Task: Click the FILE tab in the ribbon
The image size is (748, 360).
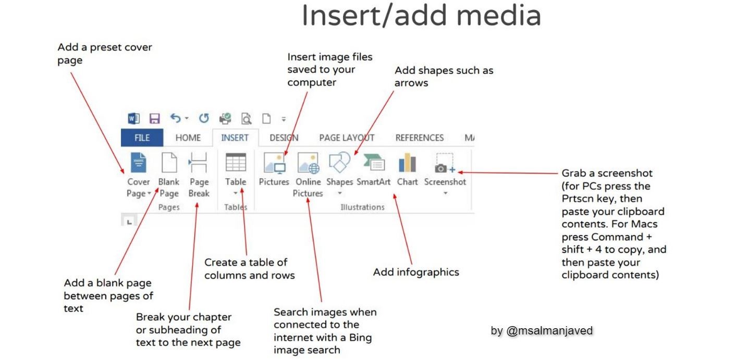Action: [142, 138]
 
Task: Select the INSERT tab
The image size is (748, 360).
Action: [235, 138]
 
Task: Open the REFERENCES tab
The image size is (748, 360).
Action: [420, 138]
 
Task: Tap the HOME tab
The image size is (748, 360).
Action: [188, 138]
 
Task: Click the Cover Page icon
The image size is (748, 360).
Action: [138, 163]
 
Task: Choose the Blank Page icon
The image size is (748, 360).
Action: [169, 163]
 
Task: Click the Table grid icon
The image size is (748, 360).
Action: [236, 162]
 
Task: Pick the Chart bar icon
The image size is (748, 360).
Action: [408, 163]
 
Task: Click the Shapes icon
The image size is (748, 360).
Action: [339, 163]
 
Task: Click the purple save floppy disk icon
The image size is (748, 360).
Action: [154, 118]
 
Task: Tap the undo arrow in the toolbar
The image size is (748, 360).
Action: [176, 118]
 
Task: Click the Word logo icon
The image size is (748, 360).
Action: [133, 118]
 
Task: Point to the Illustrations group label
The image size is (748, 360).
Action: [362, 207]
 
